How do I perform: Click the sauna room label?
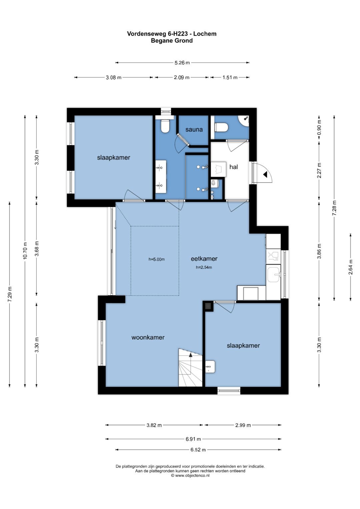coord(194,130)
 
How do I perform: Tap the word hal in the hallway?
coord(233,167)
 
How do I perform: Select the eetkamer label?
coord(204,259)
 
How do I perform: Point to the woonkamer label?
coord(148,337)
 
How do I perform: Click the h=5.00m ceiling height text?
coord(157,259)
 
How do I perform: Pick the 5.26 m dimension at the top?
coord(182,63)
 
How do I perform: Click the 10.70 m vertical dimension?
coord(25,251)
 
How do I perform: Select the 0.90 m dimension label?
coord(319,130)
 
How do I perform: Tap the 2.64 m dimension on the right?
coord(351,267)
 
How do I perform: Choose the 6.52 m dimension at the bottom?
coord(198,450)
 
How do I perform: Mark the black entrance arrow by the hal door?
coord(265,175)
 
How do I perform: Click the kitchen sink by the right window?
coord(274,275)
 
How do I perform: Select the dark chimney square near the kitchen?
coord(208,306)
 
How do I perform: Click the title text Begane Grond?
coord(172,41)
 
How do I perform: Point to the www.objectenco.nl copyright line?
coord(190,475)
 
